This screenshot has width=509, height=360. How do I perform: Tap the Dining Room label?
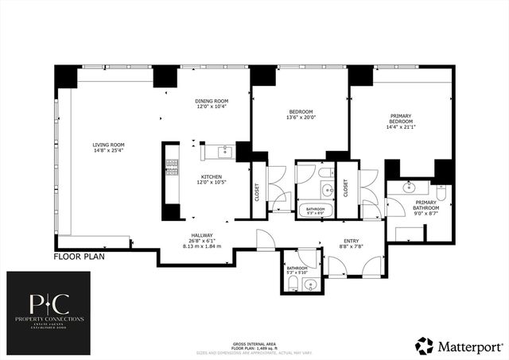(212, 102)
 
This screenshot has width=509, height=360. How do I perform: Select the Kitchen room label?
(211, 176)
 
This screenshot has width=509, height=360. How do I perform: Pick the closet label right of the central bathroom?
(346, 188)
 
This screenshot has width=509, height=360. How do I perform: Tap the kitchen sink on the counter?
(223, 151)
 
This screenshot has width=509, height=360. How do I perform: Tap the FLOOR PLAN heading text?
(78, 257)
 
